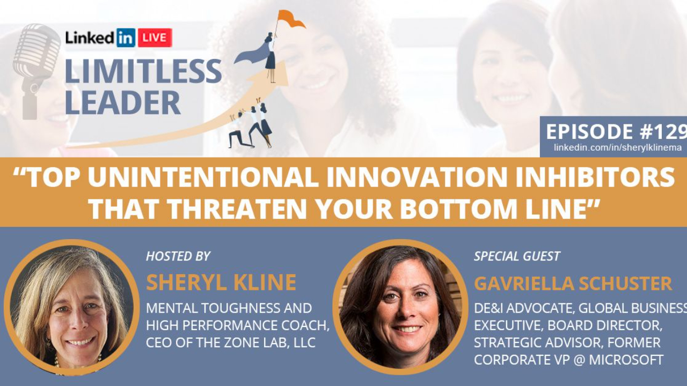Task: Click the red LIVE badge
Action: click(x=155, y=38)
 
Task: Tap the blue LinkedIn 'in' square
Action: click(x=126, y=38)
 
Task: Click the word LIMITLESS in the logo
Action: click(x=143, y=71)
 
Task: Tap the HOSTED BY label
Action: click(x=178, y=256)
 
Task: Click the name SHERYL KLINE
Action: click(x=221, y=283)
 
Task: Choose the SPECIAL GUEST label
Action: click(x=517, y=256)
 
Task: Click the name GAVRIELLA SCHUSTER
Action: click(x=573, y=284)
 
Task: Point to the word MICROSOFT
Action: click(x=626, y=360)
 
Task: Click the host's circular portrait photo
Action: click(x=71, y=307)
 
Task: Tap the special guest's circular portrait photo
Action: click(x=400, y=307)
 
